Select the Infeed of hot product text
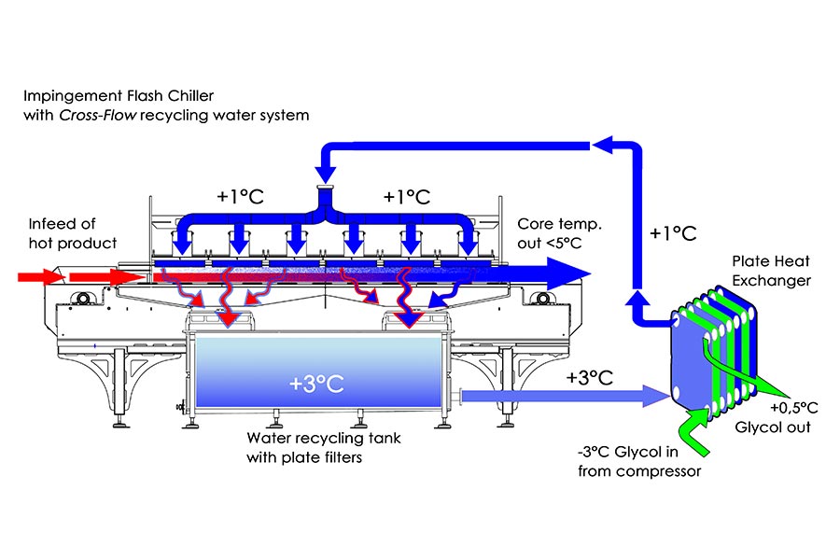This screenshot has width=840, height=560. [70, 235]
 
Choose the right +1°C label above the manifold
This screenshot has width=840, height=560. [406, 198]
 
